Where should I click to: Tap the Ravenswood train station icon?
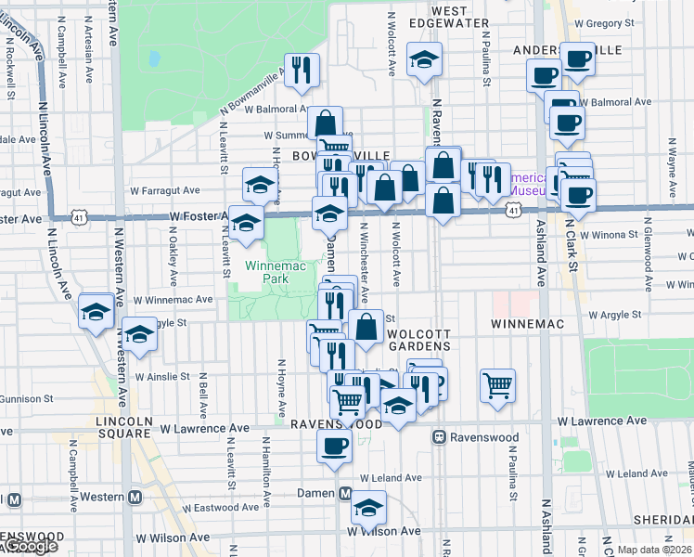[x=440, y=436]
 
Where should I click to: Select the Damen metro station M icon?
[x=344, y=493]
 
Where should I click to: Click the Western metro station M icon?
[x=135, y=498]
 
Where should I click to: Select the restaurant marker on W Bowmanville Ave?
[x=302, y=71]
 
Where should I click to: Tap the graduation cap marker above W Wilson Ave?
[x=369, y=507]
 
